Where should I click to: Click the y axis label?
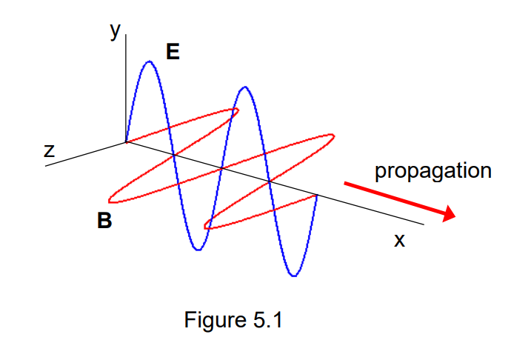[115, 32]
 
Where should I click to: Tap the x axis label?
[399, 240]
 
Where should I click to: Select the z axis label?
[50, 151]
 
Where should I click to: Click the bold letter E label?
[173, 52]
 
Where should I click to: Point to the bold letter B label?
[104, 220]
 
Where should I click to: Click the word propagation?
[432, 171]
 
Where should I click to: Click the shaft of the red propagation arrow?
[393, 198]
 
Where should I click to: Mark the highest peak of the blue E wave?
[150, 62]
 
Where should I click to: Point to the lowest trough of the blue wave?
[295, 276]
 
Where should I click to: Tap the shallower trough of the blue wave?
[197, 250]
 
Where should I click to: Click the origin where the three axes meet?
[127, 141]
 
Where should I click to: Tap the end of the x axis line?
[423, 224]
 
